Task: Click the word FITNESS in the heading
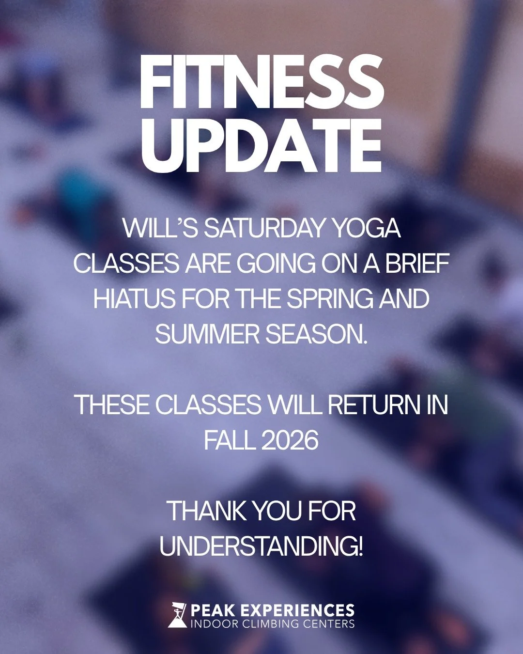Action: tap(261, 82)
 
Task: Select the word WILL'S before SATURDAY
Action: tap(160, 228)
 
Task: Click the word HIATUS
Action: tap(134, 299)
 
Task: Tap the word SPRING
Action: tap(329, 299)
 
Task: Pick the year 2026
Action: tap(290, 440)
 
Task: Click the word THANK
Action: tap(207, 511)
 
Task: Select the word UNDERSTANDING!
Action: tap(261, 546)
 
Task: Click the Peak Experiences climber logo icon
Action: tap(177, 615)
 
